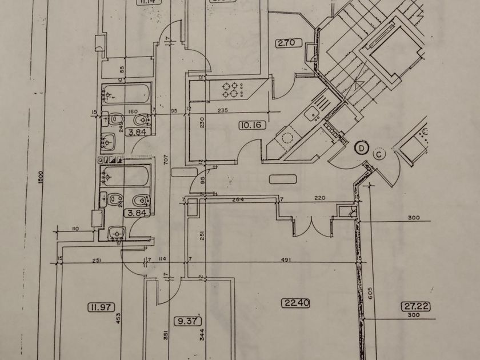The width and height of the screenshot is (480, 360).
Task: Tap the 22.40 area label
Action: pos(295,303)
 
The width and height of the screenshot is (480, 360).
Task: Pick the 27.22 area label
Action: pos(415,307)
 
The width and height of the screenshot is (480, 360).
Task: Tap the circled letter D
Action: pos(361,148)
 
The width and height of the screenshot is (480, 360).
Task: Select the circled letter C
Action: pos(380,153)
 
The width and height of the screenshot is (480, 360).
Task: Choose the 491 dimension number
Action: pos(286,260)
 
